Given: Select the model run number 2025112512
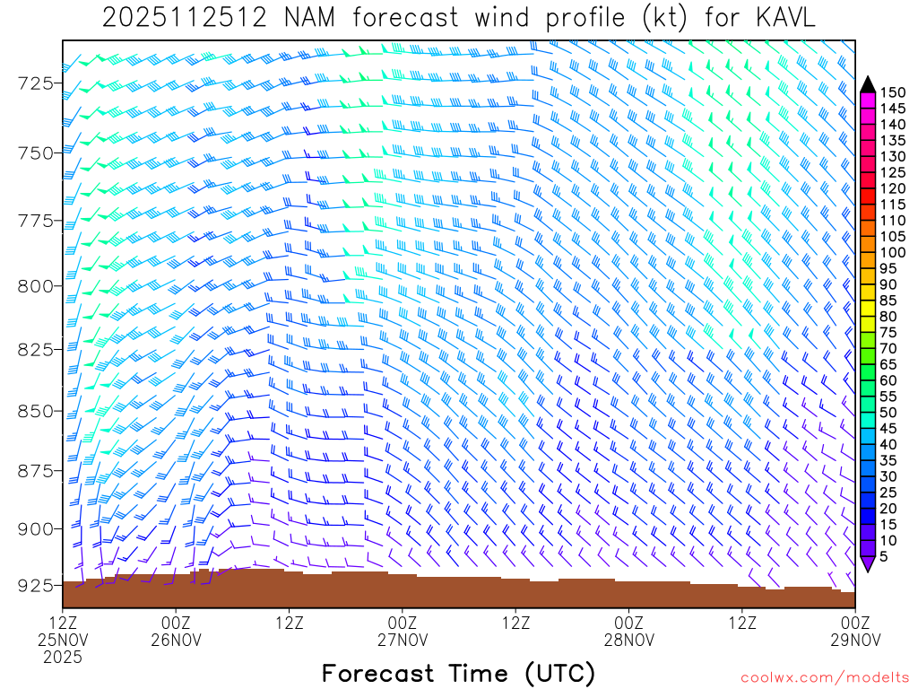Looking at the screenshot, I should tap(184, 18).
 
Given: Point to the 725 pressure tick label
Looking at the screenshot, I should tap(39, 83).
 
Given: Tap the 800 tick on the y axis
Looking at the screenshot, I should tap(39, 285).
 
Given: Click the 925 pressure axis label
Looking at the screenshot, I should tap(39, 585).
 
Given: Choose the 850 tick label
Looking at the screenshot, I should tap(39, 411).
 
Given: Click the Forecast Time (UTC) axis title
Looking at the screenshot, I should tap(458, 673).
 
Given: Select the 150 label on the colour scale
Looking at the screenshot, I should tap(892, 92).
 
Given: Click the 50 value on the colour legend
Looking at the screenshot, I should tap(888, 412).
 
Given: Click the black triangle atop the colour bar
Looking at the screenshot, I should tap(868, 83).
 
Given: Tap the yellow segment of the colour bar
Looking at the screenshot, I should tap(868, 308).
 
